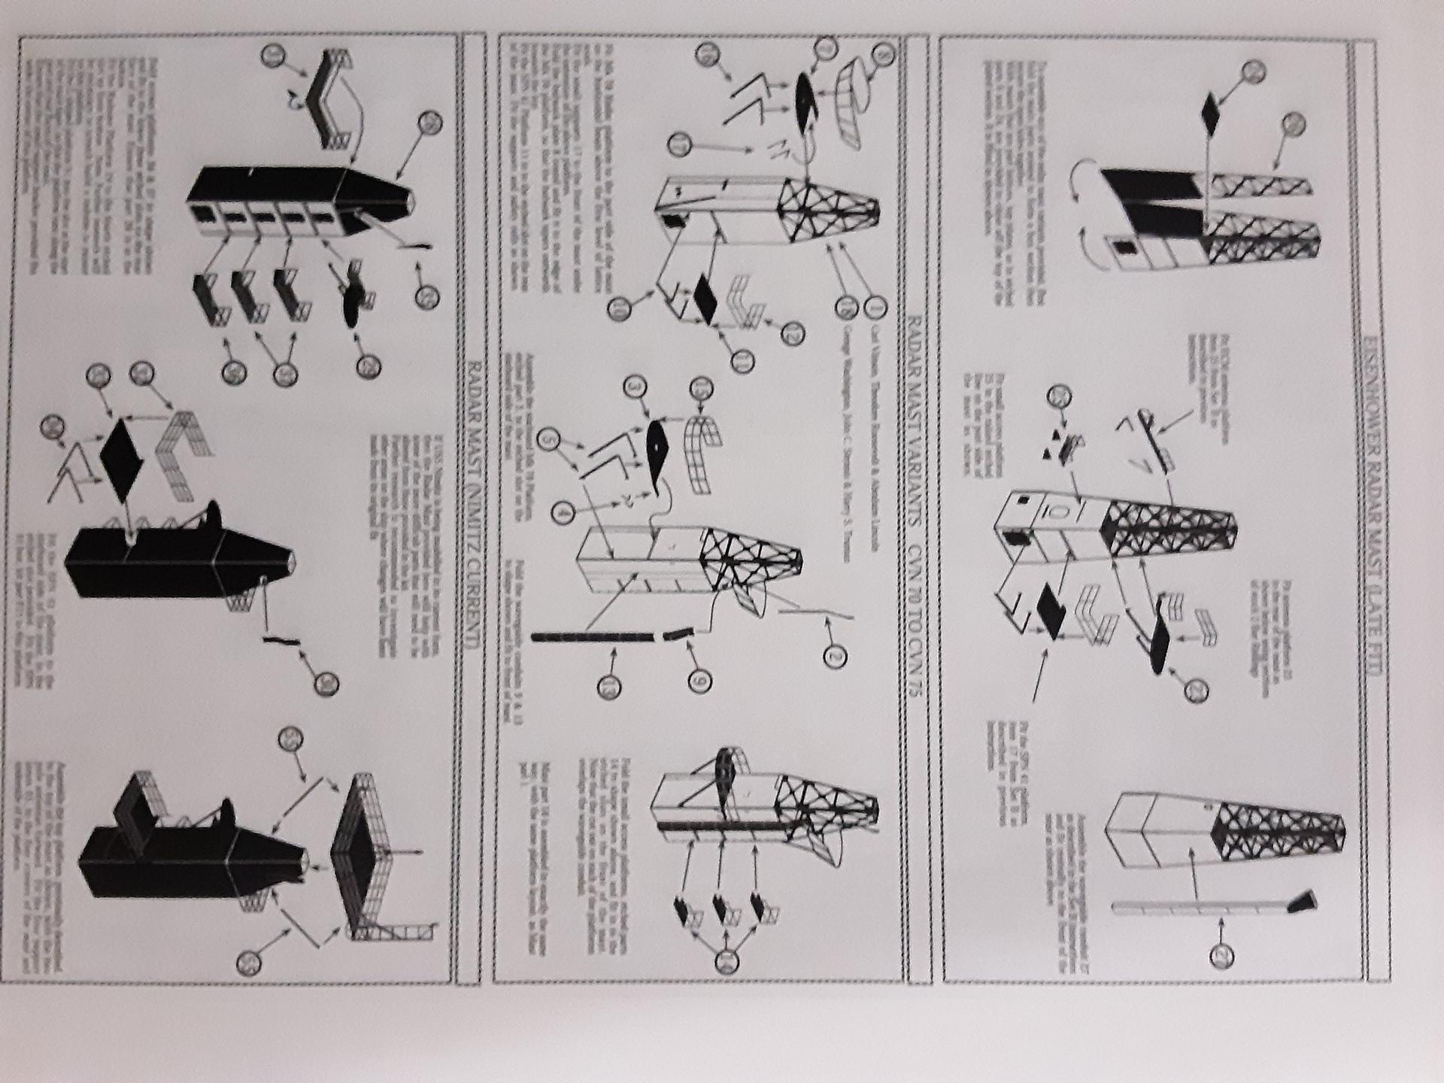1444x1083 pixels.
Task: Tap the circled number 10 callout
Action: (620, 307)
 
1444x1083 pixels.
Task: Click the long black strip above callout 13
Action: (594, 637)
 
